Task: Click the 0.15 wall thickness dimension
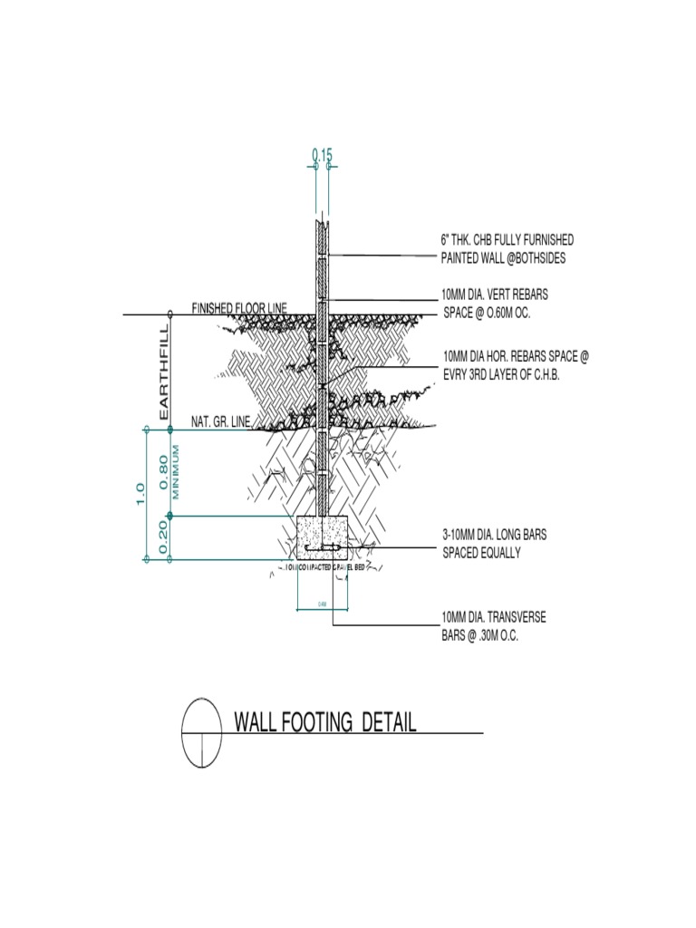pyautogui.click(x=322, y=156)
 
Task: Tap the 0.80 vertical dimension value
pyautogui.click(x=164, y=471)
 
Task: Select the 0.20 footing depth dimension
pyautogui.click(x=164, y=538)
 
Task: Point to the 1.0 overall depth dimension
pyautogui.click(x=140, y=493)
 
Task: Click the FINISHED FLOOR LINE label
pyautogui.click(x=238, y=309)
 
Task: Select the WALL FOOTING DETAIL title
pyautogui.click(x=325, y=722)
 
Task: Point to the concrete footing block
pyautogui.click(x=324, y=537)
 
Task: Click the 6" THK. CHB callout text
pyautogui.click(x=507, y=240)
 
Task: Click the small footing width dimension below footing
pyautogui.click(x=323, y=603)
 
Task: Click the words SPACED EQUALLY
pyautogui.click(x=481, y=553)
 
